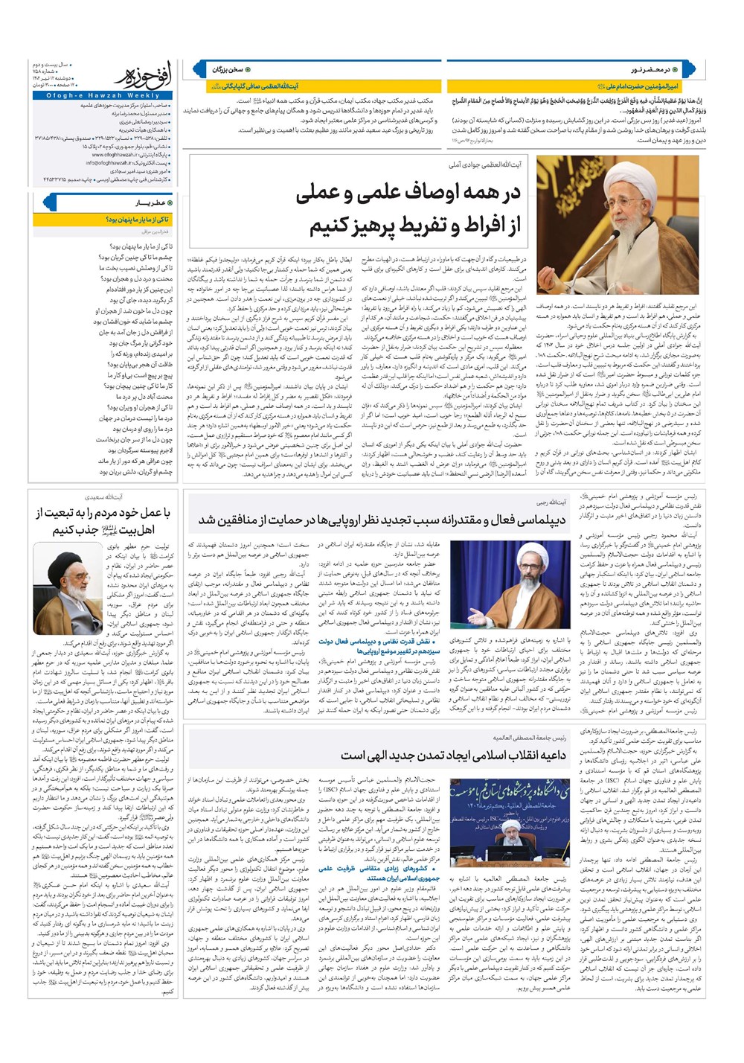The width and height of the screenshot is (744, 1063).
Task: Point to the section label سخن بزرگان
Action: (x=228, y=69)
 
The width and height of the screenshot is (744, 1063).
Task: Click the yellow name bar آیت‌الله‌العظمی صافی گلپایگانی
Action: (x=265, y=86)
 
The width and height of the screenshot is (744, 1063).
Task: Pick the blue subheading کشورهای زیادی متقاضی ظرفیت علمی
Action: (x=379, y=868)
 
